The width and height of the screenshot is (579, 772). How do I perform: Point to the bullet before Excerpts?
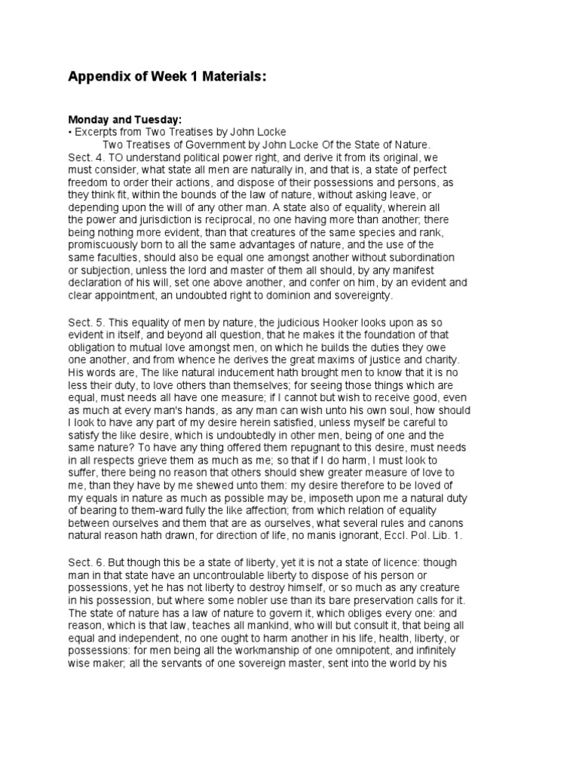(70, 132)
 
